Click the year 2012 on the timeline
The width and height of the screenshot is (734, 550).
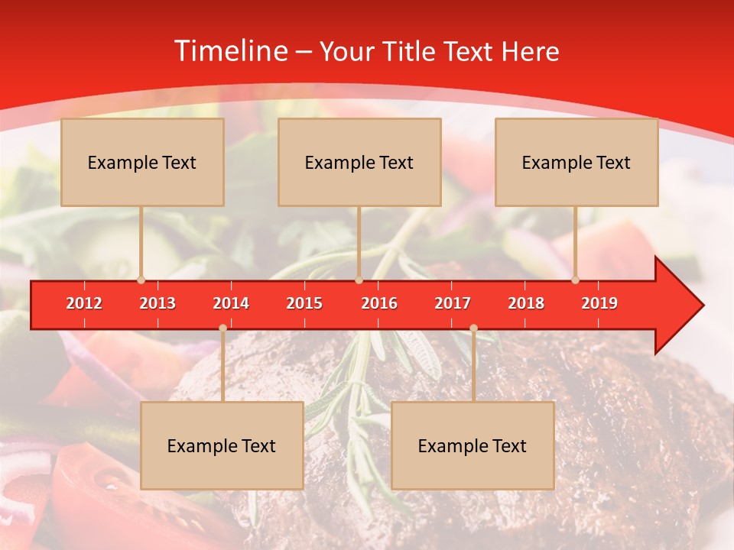click(84, 303)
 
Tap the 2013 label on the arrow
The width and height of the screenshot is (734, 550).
click(158, 303)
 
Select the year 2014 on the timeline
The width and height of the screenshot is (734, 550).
click(231, 303)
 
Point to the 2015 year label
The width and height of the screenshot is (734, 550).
click(304, 303)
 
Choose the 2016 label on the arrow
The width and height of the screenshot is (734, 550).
click(379, 303)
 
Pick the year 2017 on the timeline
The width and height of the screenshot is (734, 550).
click(453, 303)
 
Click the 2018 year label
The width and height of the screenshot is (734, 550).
click(526, 303)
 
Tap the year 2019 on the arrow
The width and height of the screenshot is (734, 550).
click(599, 303)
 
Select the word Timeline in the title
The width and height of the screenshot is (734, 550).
click(230, 51)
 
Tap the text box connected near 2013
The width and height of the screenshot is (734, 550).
click(142, 162)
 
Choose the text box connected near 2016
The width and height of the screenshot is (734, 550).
click(359, 162)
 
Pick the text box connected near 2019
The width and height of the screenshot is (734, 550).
click(576, 162)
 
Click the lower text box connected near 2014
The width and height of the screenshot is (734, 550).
click(222, 445)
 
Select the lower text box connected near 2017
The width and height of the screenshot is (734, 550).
click(473, 445)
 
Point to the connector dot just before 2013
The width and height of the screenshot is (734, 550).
click(141, 280)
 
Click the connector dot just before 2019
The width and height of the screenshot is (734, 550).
click(576, 280)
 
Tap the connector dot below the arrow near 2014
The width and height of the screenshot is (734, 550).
click(222, 328)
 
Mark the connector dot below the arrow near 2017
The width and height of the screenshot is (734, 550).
click(473, 328)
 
